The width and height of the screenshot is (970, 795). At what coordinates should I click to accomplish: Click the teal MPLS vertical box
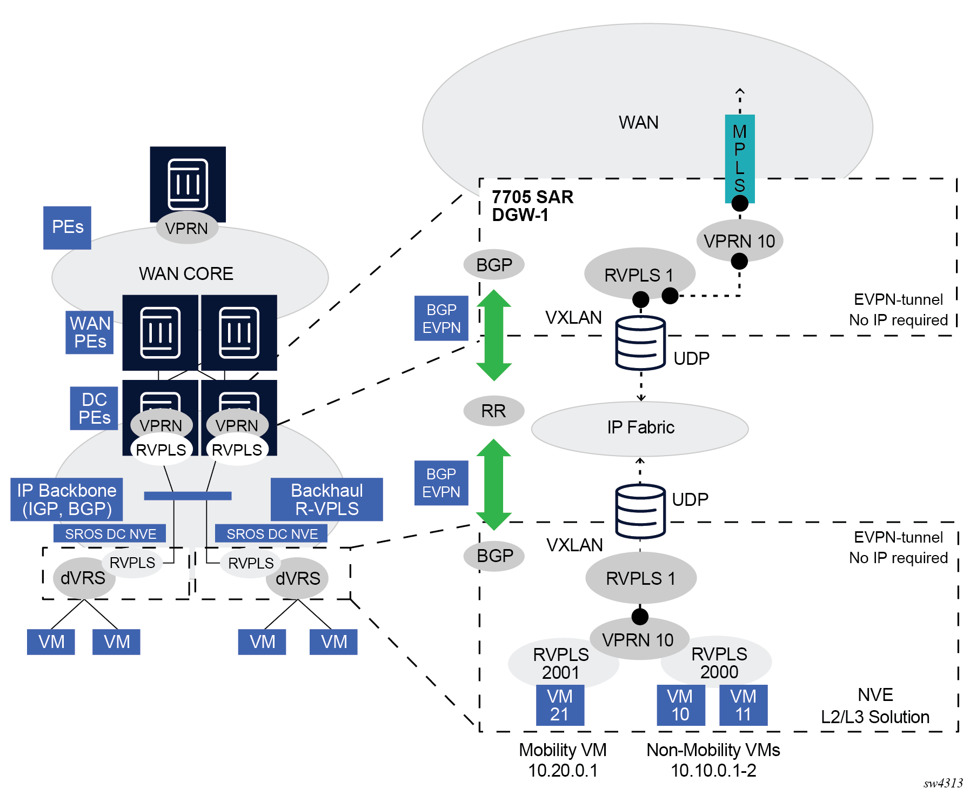(739, 158)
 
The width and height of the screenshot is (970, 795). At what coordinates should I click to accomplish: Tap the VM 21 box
(560, 705)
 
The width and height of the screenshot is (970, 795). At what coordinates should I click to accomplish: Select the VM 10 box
(680, 705)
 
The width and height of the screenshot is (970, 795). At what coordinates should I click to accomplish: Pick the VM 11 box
(743, 705)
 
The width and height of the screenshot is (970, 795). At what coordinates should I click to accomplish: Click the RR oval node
(493, 411)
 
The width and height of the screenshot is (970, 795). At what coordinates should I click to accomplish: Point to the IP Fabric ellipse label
(640, 427)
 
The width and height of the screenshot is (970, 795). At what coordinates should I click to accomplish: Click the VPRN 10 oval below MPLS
(739, 241)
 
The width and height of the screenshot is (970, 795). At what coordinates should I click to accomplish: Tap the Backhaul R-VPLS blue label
(326, 499)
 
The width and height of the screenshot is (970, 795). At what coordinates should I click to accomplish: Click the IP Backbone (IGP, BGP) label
(66, 499)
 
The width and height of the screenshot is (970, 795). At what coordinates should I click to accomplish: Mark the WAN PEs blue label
(90, 332)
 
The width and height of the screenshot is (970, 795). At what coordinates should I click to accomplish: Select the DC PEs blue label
(94, 409)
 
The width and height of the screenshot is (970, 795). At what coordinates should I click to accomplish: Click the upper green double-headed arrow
(493, 335)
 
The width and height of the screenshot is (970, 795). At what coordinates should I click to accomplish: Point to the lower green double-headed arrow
(493, 484)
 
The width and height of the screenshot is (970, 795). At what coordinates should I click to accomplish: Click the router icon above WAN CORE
(188, 184)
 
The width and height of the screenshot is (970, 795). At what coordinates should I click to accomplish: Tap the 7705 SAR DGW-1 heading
(532, 206)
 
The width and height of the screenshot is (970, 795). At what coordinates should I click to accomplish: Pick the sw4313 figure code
(943, 783)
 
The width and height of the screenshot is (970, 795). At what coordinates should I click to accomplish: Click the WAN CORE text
(186, 274)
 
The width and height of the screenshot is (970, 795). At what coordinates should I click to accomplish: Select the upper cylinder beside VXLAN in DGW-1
(640, 343)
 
